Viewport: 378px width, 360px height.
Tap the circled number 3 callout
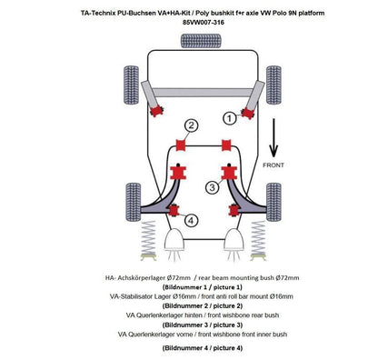(x=212, y=187)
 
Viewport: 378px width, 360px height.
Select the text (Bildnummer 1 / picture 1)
(x=189, y=285)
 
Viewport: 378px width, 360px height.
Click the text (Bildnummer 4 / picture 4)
(x=189, y=348)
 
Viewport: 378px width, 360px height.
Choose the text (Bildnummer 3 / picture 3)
(x=189, y=324)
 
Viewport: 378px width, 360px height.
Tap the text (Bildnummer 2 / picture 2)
(x=189, y=305)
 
